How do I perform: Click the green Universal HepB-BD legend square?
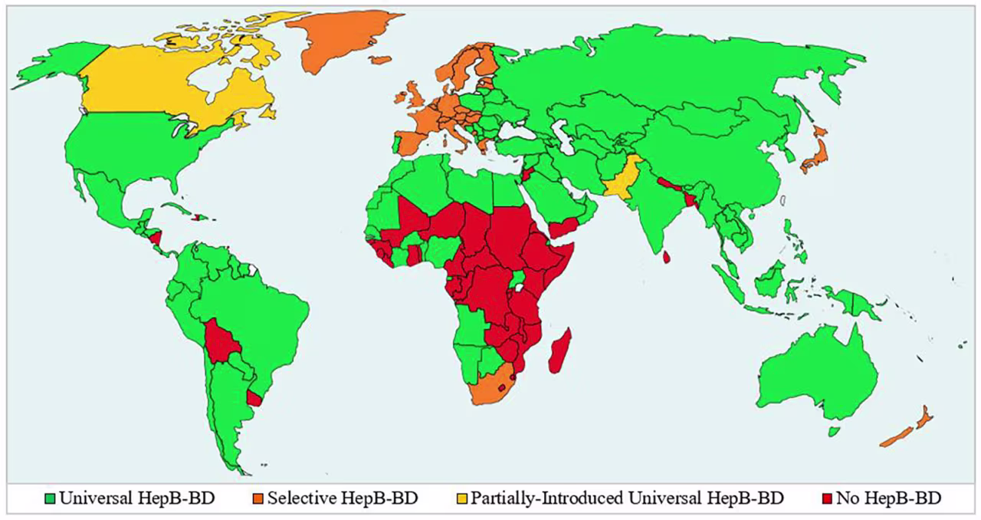pos(51,499)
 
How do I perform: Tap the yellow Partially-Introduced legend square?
pos(461,499)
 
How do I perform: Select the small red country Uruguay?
pos(254,397)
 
